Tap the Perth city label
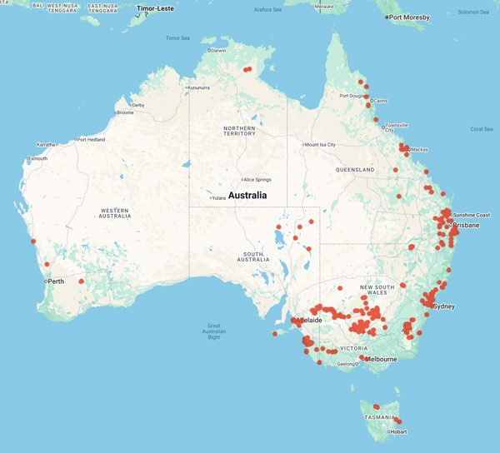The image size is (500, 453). tap(57, 281)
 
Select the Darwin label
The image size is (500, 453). tap(218, 51)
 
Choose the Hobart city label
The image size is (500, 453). tap(399, 431)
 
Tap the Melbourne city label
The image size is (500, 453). tap(380, 359)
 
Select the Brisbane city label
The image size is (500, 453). tap(465, 225)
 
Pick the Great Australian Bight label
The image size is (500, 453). tap(225, 330)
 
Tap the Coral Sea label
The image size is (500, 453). tap(482, 129)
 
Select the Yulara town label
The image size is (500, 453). tap(219, 198)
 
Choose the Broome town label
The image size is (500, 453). tap(125, 112)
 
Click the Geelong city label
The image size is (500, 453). tap(347, 363)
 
